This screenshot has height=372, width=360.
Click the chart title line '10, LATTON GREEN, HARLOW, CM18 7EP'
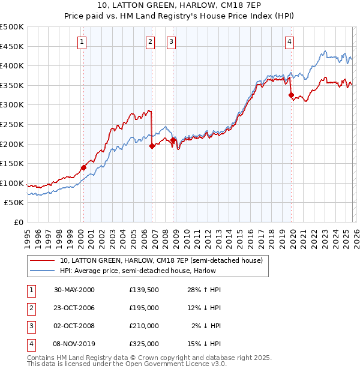(x=179, y=7)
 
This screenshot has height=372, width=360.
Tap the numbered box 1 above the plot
(x=81, y=41)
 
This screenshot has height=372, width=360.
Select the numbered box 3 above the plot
(x=171, y=41)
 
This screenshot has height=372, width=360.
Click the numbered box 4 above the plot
(x=289, y=41)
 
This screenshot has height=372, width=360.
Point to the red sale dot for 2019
(x=291, y=95)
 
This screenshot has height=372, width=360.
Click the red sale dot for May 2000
(x=83, y=167)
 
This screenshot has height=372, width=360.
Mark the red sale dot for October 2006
(x=152, y=146)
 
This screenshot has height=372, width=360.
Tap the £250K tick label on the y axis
(x=12, y=124)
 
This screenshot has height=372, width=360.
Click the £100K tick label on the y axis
(x=12, y=183)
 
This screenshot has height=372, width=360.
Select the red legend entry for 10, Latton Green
(x=161, y=260)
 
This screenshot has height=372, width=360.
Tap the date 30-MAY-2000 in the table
(x=74, y=290)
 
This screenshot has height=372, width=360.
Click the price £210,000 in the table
(x=144, y=326)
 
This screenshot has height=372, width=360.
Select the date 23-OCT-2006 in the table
(x=74, y=308)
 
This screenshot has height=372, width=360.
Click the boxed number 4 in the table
(x=30, y=344)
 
